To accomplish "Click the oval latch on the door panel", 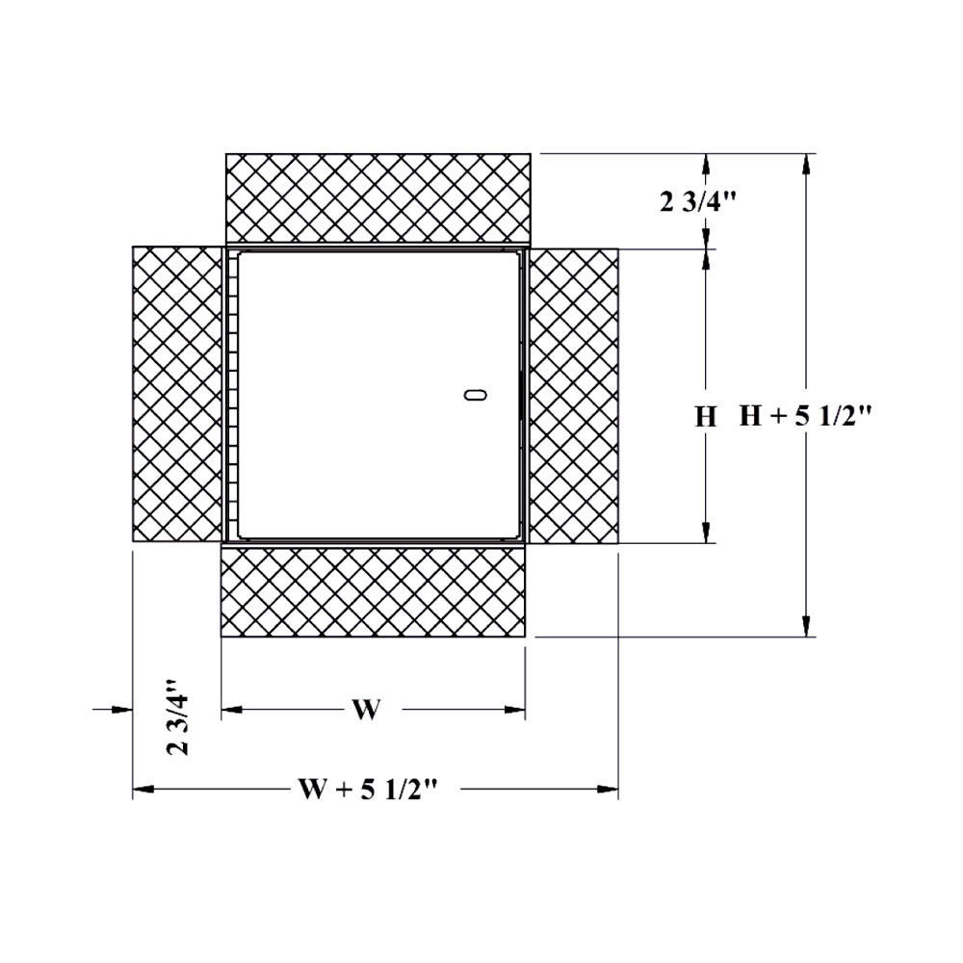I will coord(472,394).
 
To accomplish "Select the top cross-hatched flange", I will coord(377,197).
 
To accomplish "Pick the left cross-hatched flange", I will coord(177,395).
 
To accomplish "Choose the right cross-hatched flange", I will coord(574,395).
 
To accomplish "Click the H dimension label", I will coord(706,417).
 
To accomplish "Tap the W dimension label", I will coord(365,711).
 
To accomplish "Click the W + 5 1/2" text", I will coord(368,790).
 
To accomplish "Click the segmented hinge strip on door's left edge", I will coord(230,395).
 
